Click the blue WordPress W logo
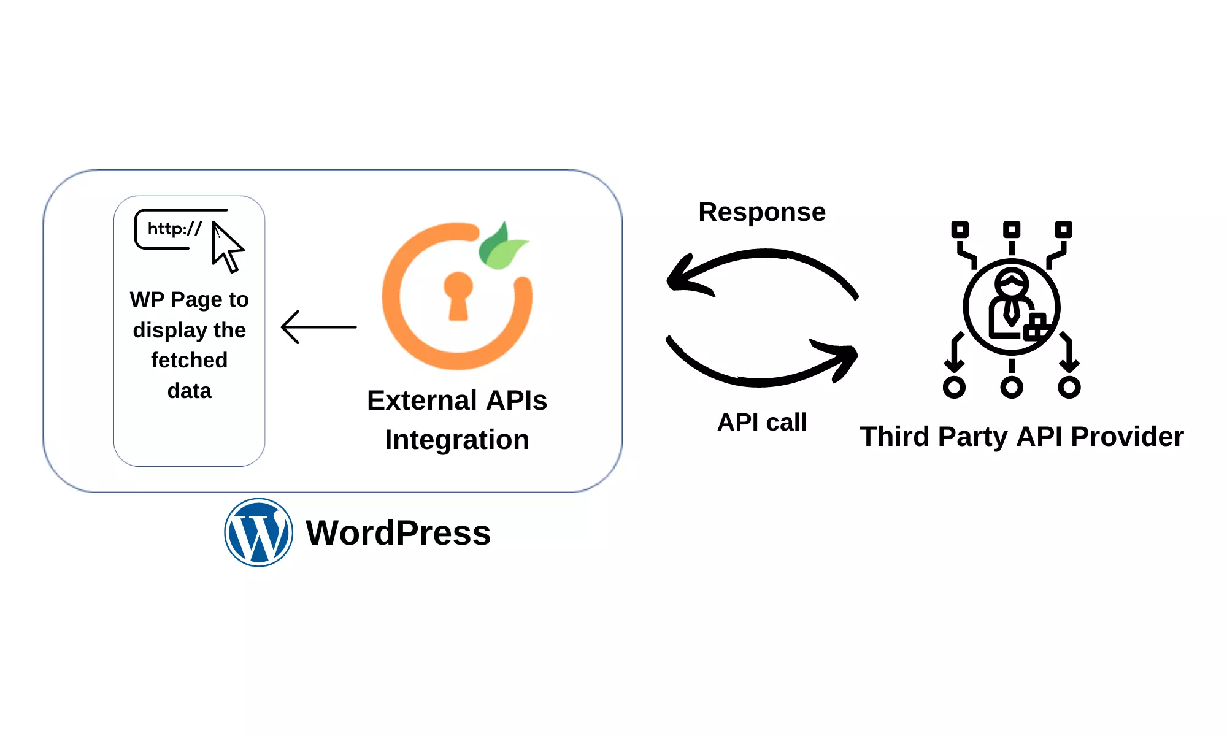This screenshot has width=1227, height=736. [x=258, y=532]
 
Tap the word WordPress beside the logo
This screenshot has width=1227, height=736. [x=398, y=532]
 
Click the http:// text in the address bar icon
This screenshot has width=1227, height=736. [x=174, y=229]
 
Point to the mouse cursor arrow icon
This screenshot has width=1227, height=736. [x=226, y=247]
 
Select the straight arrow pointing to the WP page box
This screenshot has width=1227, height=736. [x=318, y=327]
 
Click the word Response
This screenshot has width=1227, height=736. [x=762, y=212]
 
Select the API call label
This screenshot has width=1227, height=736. [x=762, y=422]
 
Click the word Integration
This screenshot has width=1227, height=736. [x=457, y=440]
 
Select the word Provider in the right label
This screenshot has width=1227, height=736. [x=1126, y=437]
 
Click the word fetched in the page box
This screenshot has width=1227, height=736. [x=189, y=360]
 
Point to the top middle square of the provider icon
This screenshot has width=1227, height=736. [x=1012, y=230]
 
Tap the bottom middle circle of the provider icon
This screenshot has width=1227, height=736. [x=1012, y=387]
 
